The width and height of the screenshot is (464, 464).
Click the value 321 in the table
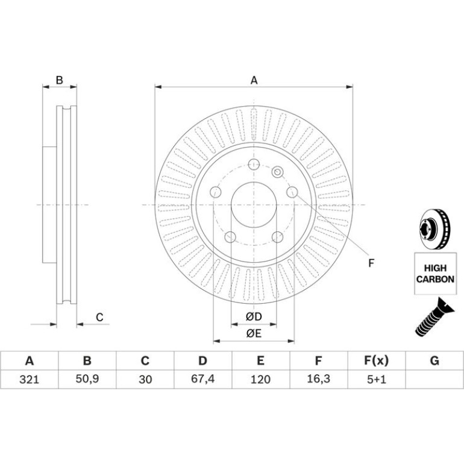coord(29,380)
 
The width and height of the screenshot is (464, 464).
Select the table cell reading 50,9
coord(87,379)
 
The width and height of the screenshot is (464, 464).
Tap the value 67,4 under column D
coord(202,379)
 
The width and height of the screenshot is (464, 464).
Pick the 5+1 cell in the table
coord(377,380)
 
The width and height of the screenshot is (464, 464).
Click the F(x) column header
coord(376,361)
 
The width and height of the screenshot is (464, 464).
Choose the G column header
coord(434,361)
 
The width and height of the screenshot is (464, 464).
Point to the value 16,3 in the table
coord(318,379)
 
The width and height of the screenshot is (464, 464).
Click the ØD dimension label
coord(254,317)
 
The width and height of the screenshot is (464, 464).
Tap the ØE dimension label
coord(254,333)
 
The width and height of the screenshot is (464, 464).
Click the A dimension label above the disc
coord(254,80)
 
